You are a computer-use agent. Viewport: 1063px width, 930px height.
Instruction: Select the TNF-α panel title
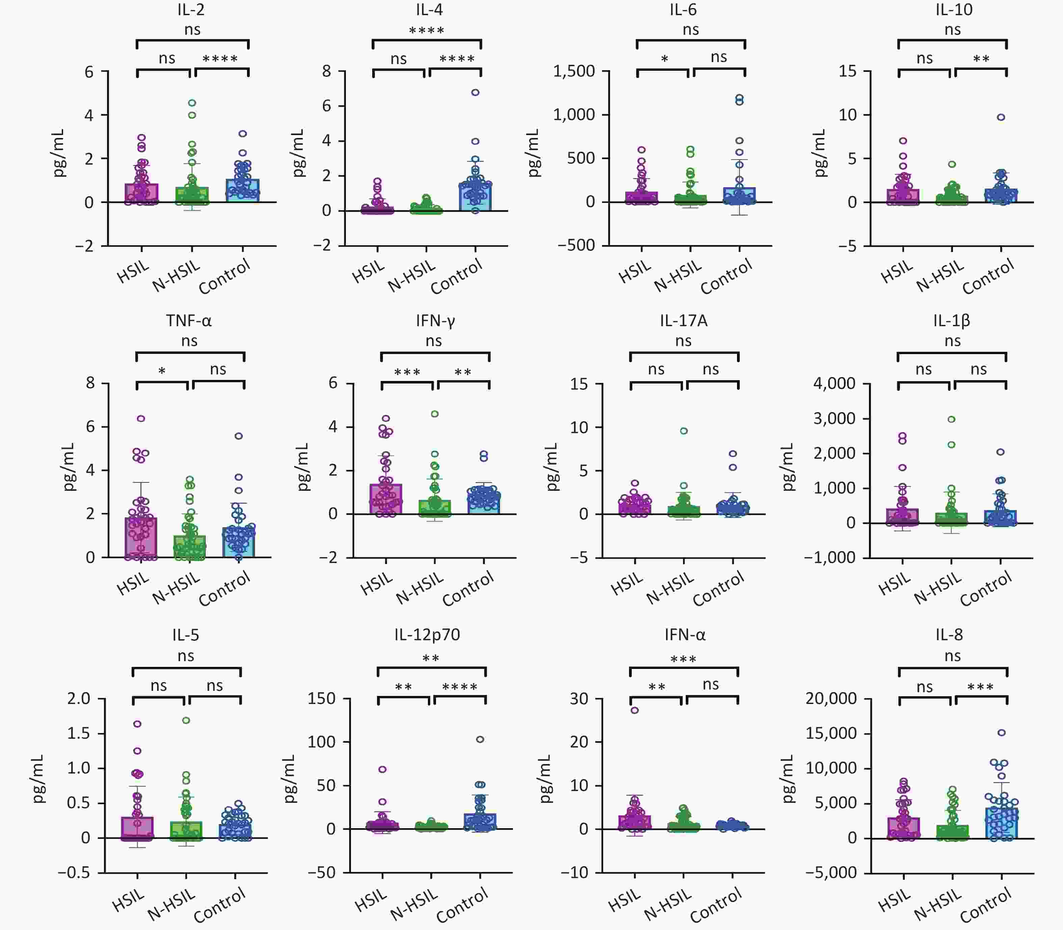pos(189,321)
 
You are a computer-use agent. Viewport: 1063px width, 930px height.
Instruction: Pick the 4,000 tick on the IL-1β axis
pos(834,384)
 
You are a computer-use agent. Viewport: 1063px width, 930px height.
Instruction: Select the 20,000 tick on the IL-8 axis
pos(831,699)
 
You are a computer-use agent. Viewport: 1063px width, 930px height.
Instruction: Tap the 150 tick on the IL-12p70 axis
pos(322,699)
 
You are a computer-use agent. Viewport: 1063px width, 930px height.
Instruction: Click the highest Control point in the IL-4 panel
pos(475,93)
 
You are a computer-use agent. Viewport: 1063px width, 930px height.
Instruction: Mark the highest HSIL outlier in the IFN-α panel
pos(635,710)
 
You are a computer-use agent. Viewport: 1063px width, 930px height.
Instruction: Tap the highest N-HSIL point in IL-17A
pos(684,431)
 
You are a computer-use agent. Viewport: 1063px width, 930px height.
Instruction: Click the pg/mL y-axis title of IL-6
pos(534,153)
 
